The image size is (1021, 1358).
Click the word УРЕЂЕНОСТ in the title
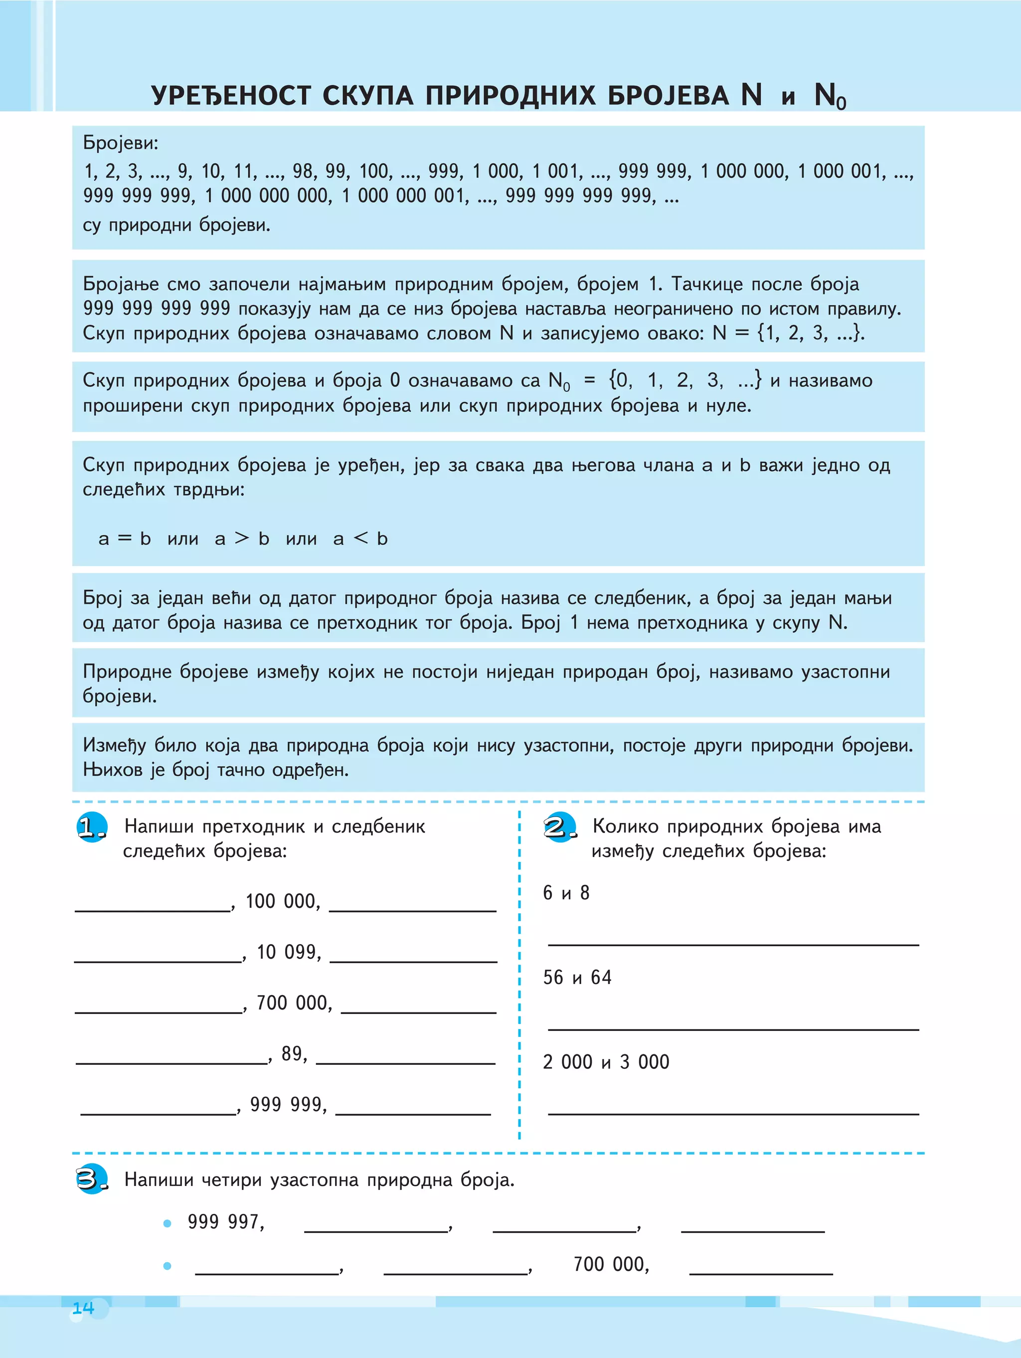pyautogui.click(x=231, y=95)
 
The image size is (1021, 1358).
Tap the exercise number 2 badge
pyautogui.click(x=560, y=828)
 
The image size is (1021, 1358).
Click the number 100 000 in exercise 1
pyautogui.click(x=282, y=901)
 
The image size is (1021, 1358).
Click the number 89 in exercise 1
pyautogui.click(x=293, y=1053)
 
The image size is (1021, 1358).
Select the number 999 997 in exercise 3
pyautogui.click(x=225, y=1222)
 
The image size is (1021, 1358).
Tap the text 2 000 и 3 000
pyautogui.click(x=605, y=1062)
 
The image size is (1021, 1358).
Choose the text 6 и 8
pyautogui.click(x=565, y=893)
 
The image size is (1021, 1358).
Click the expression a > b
pyautogui.click(x=242, y=538)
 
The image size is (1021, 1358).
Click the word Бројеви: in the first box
pyautogui.click(x=120, y=143)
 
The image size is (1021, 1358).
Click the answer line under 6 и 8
pyautogui.click(x=733, y=944)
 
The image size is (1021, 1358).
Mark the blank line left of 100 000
pyautogui.click(x=152, y=910)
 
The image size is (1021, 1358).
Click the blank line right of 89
pyautogui.click(x=405, y=1063)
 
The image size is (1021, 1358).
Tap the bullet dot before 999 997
pyautogui.click(x=167, y=1223)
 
